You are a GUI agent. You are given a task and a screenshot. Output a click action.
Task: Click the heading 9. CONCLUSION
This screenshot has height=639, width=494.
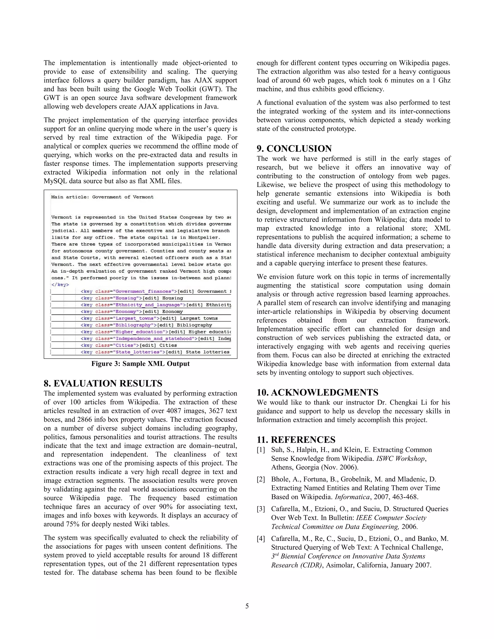pos(294,149)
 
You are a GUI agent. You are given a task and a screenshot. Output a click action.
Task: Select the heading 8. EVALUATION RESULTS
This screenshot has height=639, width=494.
pos(103,383)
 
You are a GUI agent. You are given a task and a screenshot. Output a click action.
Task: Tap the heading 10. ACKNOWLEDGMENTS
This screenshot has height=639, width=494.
pos(317,392)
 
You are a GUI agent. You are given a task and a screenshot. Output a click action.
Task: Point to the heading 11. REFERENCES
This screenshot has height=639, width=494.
pos(296,440)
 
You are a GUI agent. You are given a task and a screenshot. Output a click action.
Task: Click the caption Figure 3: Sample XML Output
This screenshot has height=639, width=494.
pos(140,364)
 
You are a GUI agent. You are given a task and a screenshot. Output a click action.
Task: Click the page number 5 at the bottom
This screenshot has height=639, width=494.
pos(247,606)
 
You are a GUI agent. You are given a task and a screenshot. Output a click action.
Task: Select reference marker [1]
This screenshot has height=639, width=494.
pos(261,450)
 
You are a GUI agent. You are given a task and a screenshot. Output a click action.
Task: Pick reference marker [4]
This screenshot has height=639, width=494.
pos(261,539)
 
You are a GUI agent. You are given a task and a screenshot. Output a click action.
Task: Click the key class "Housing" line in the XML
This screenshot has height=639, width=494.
pos(132,298)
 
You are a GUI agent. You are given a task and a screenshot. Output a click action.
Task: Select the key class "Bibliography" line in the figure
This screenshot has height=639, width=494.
pos(146,325)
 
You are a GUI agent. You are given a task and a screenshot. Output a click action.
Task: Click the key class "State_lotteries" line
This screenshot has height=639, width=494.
pos(155,352)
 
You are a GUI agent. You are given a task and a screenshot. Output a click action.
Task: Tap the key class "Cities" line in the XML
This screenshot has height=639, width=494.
pos(129,345)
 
